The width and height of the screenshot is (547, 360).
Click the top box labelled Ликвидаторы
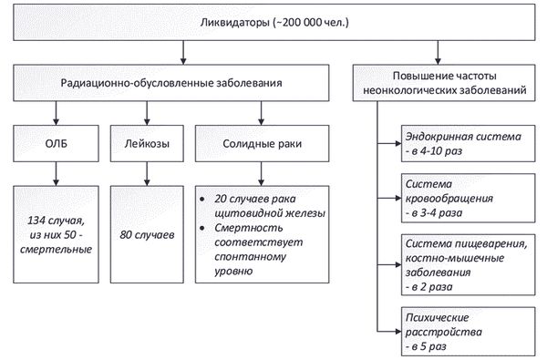pyautogui.click(x=273, y=21)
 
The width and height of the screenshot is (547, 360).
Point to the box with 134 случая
pyautogui.click(x=57, y=233)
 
